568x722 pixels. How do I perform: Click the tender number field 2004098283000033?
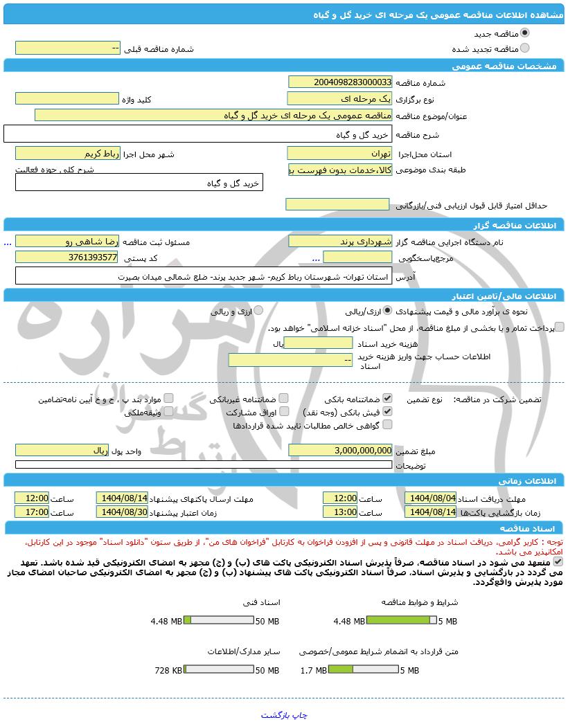click(x=339, y=82)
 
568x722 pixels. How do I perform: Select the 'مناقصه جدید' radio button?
click(x=524, y=33)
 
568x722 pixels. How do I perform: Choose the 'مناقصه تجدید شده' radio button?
click(x=524, y=48)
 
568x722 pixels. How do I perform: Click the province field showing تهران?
click(x=339, y=153)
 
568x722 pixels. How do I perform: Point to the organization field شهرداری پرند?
click(x=339, y=241)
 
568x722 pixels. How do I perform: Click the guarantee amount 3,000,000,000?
click(x=339, y=451)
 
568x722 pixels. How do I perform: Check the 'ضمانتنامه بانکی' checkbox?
click(x=387, y=399)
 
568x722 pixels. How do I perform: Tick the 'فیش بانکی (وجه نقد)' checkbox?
click(x=387, y=411)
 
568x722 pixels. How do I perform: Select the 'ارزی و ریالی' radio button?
click(x=258, y=311)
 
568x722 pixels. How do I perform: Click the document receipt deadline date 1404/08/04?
click(x=431, y=498)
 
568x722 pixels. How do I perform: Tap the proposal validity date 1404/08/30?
click(x=123, y=512)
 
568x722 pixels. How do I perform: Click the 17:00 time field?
click(x=33, y=512)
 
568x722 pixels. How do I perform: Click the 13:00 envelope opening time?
click(x=340, y=512)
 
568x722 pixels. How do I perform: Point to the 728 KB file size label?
click(x=168, y=671)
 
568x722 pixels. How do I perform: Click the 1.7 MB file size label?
click(x=313, y=671)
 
